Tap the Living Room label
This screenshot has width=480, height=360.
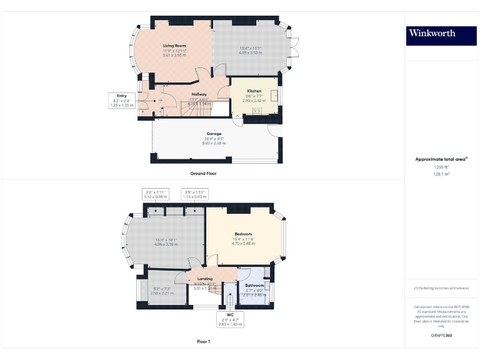tap(175, 46)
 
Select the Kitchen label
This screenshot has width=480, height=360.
tap(254, 91)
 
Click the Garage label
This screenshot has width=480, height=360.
tap(214, 134)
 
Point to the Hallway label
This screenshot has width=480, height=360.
tap(199, 94)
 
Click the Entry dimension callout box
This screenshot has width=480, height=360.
tap(122, 101)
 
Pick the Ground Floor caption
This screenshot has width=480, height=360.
tap(203, 172)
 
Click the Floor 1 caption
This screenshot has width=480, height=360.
tap(203, 342)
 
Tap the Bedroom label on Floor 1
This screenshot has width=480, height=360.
tap(243, 234)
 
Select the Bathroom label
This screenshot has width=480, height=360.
tap(254, 286)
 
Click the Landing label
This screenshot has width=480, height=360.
tap(205, 279)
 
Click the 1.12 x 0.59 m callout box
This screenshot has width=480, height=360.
tap(153, 194)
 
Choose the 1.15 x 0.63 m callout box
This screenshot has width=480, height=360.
tap(194, 194)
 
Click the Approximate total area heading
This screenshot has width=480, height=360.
tap(441, 159)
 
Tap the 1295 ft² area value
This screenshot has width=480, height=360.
tap(441, 167)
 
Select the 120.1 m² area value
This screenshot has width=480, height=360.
tap(441, 174)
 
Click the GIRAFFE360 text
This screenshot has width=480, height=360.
tap(441, 336)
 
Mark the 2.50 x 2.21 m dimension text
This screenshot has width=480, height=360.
tap(162, 292)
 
